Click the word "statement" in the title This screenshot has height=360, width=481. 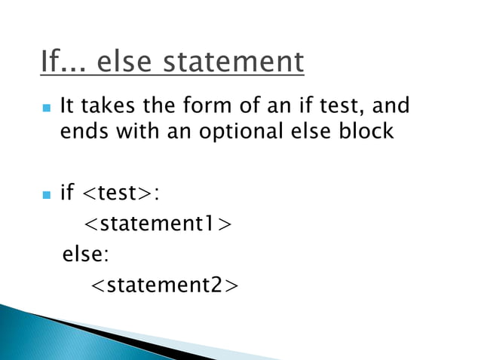[x=236, y=62]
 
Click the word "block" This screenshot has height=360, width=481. [x=365, y=130]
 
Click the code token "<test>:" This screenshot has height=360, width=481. [x=120, y=194]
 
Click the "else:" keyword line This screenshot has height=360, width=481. [x=85, y=255]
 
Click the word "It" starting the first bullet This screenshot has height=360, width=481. [x=67, y=105]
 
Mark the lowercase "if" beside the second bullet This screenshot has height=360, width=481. [x=67, y=194]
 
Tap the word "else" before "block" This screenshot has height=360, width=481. [x=314, y=130]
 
